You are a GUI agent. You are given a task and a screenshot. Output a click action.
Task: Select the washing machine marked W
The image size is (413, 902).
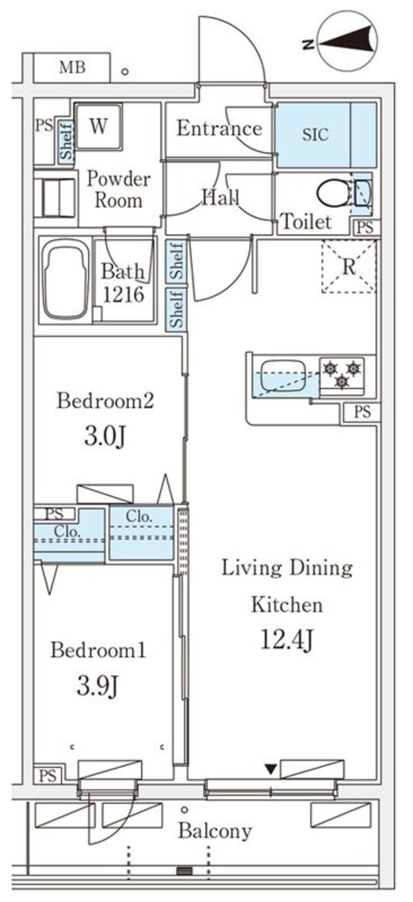click(x=98, y=127)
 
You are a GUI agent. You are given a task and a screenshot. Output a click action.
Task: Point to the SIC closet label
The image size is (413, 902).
click(x=315, y=135)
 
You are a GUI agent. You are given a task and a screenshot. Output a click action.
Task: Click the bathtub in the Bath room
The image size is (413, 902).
click(x=64, y=281)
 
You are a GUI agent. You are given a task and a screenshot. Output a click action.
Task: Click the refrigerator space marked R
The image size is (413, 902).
click(x=349, y=267)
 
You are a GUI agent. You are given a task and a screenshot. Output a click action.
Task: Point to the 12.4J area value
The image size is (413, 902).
click(x=287, y=640)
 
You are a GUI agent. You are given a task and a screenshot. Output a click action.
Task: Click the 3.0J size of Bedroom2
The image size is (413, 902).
click(x=103, y=436)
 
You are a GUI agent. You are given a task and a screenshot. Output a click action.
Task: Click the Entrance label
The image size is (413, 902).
click(x=219, y=129)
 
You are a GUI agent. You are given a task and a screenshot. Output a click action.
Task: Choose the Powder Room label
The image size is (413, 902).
click(x=118, y=191)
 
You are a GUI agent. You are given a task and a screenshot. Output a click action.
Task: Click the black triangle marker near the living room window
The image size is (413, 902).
click(x=271, y=768)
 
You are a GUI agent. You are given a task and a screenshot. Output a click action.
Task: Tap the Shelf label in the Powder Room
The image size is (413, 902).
click(x=67, y=142)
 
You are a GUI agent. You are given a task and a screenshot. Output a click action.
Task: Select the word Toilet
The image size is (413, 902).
click(x=306, y=222)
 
